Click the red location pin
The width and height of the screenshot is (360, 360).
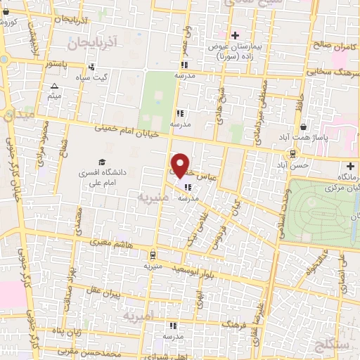181,165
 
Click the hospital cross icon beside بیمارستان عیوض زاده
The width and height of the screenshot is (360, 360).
235,35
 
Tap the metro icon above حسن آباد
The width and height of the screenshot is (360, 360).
291,153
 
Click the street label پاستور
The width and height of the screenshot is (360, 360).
55,64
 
